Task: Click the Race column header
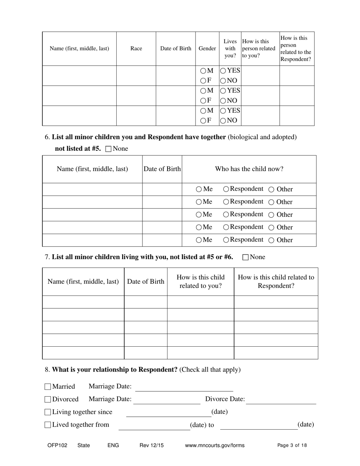click(x=136, y=48)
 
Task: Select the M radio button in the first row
click(x=203, y=71)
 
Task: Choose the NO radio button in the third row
click(x=223, y=120)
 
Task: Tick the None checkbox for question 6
click(x=108, y=149)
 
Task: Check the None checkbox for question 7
click(x=245, y=257)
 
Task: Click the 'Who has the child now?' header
click(x=249, y=169)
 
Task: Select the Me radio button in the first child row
click(x=199, y=189)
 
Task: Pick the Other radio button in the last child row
click(x=271, y=240)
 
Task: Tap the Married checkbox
click(x=48, y=387)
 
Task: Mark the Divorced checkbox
click(x=48, y=399)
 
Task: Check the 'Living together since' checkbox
click(x=48, y=412)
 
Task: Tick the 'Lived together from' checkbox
click(x=48, y=425)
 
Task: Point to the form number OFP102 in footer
click(x=57, y=446)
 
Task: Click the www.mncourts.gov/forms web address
click(x=214, y=446)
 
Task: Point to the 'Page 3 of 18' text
click(x=292, y=446)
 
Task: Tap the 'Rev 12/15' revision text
click(x=152, y=446)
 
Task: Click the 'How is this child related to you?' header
click(x=200, y=281)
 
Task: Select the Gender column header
click(x=207, y=48)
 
